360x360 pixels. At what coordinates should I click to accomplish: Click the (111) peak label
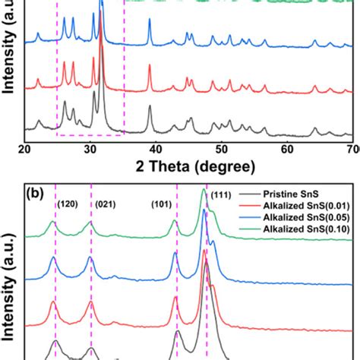(x=221, y=197)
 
